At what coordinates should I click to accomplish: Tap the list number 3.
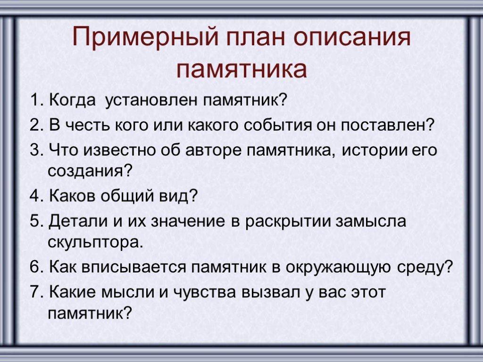point(37,150)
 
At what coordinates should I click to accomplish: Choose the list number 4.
point(37,196)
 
